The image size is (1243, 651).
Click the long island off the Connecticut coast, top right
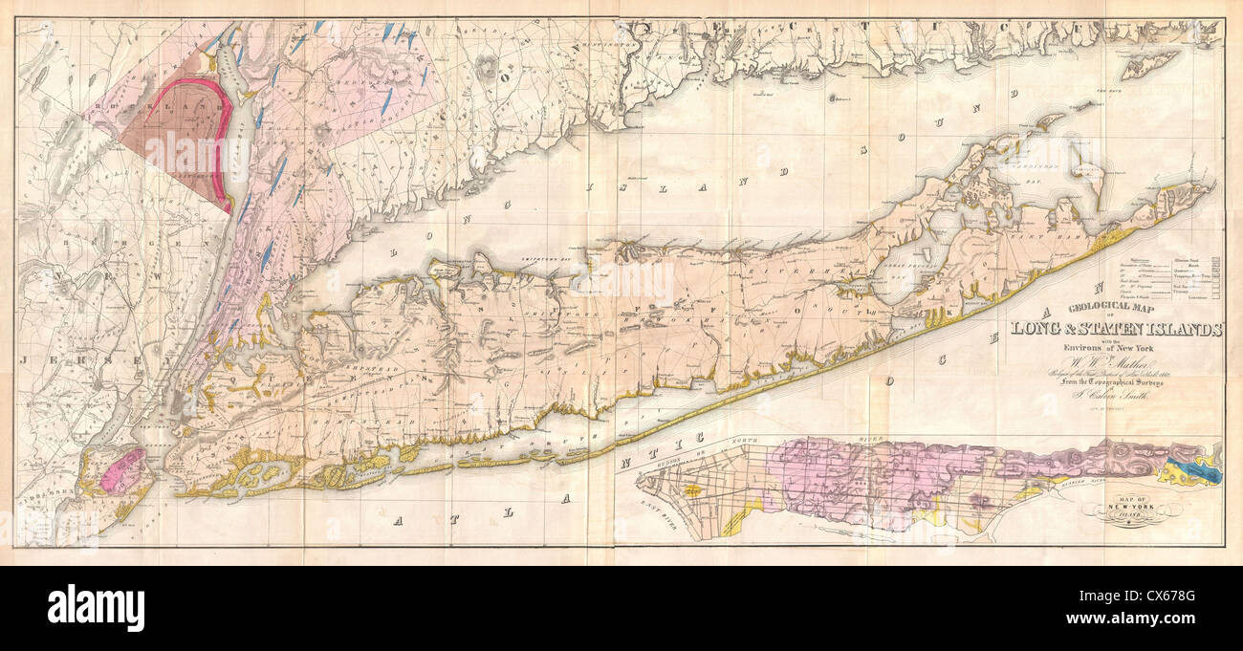[x=1148, y=64]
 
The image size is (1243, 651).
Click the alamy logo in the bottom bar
[x=96, y=609]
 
